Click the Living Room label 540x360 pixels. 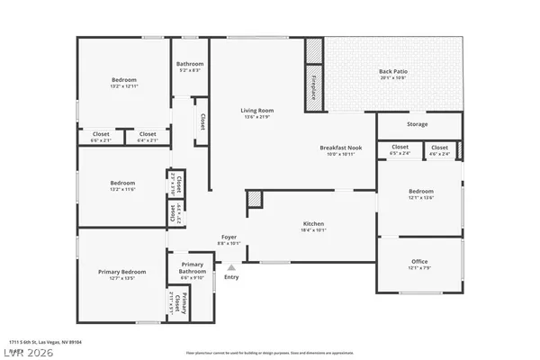(x=256, y=111)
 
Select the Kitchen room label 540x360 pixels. (x=313, y=223)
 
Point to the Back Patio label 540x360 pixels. (x=392, y=71)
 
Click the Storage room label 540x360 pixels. (x=417, y=124)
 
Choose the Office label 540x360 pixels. (x=420, y=261)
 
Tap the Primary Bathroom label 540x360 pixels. (x=192, y=268)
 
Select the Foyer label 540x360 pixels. (x=229, y=238)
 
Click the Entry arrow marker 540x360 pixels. (x=231, y=266)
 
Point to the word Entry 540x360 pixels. (x=231, y=276)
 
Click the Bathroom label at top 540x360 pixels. (x=190, y=64)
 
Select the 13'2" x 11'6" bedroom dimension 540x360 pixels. (x=121, y=190)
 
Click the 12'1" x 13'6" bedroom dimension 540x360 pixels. (x=420, y=199)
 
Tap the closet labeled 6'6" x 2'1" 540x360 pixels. (x=100, y=140)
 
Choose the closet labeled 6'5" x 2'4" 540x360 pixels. (x=400, y=153)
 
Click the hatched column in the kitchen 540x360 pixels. (x=255, y=200)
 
